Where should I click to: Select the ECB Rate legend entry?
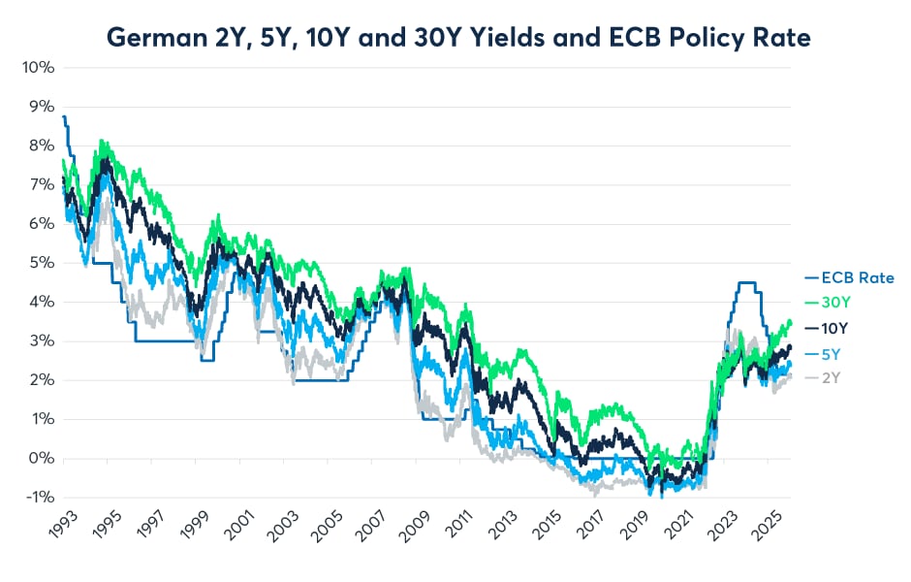coord(856,277)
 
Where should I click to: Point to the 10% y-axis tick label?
coord(37,68)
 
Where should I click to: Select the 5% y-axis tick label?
coord(41,263)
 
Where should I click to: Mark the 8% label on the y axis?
coord(41,145)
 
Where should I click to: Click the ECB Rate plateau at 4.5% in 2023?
coord(746,282)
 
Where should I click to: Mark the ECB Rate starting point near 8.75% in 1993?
coord(64,117)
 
